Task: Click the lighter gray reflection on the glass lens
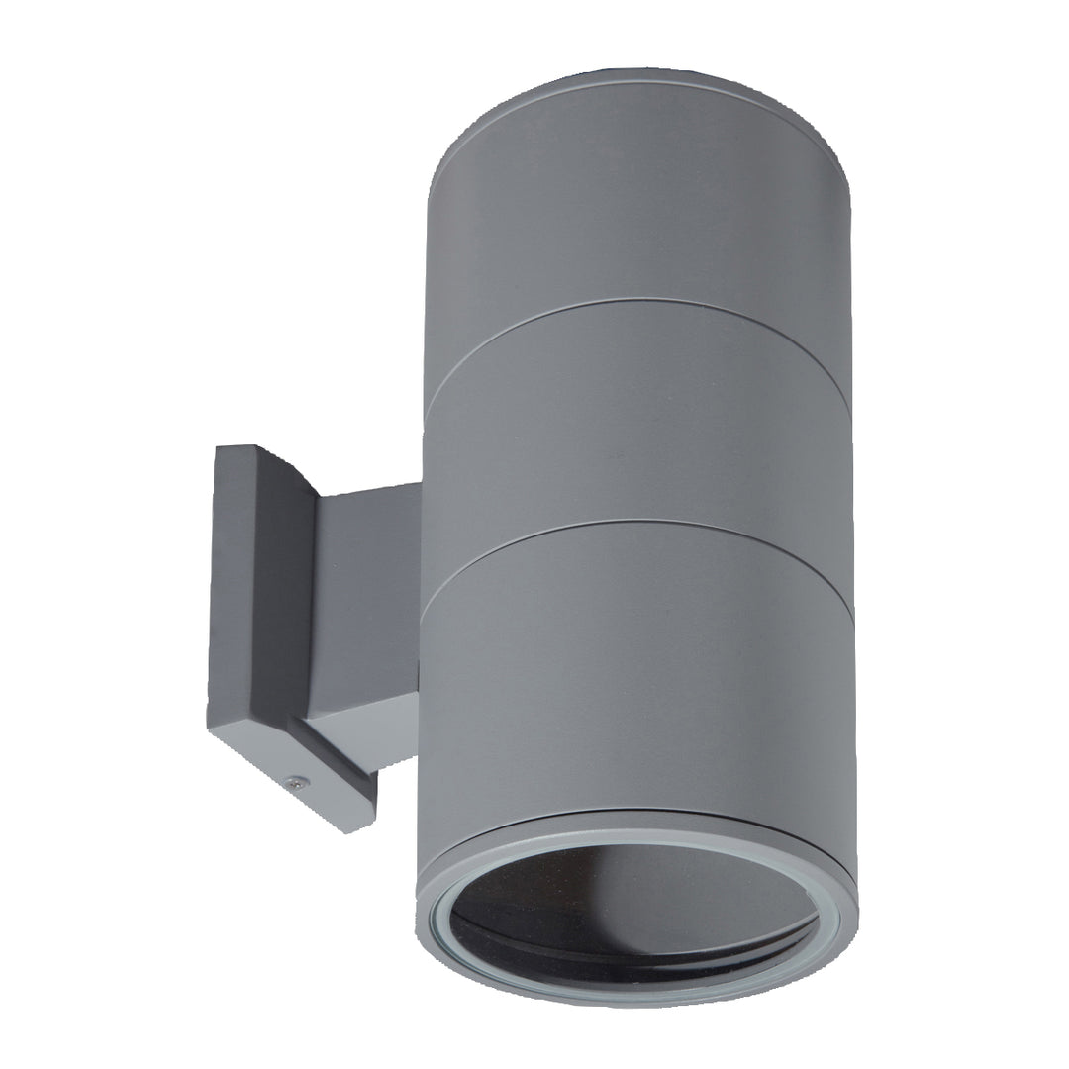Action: click(693, 881)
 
